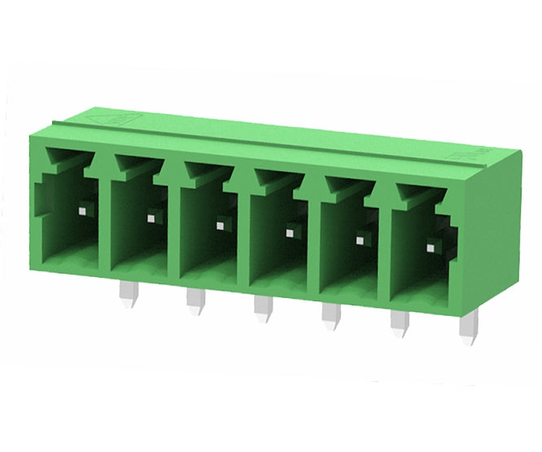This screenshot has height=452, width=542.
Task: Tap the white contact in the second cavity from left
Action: tap(150, 217)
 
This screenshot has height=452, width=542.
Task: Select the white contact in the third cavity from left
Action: tap(220, 226)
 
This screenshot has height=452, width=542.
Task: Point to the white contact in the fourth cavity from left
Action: tap(289, 232)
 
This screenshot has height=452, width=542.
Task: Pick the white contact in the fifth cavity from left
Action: tap(359, 239)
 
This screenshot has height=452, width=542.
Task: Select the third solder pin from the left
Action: tap(262, 309)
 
